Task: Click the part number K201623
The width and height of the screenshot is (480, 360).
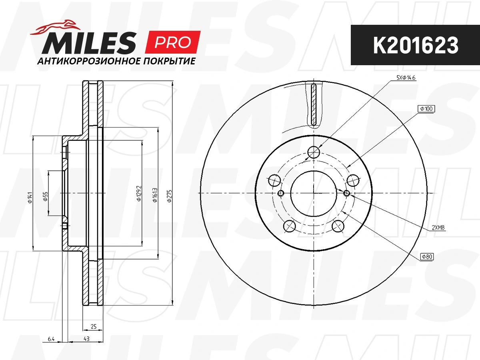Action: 416,45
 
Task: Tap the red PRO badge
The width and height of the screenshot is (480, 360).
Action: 172,42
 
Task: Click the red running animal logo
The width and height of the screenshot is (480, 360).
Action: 55,28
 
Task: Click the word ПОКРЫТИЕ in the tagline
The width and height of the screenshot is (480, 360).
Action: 169,61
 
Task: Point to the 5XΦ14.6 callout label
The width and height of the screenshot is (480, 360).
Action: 406,78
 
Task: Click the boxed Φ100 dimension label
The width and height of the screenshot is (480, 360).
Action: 426,109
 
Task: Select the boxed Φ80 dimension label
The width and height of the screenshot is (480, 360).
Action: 427,257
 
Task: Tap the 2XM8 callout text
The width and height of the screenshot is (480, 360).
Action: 438,228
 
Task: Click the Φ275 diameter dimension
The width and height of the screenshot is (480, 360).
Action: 170,196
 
